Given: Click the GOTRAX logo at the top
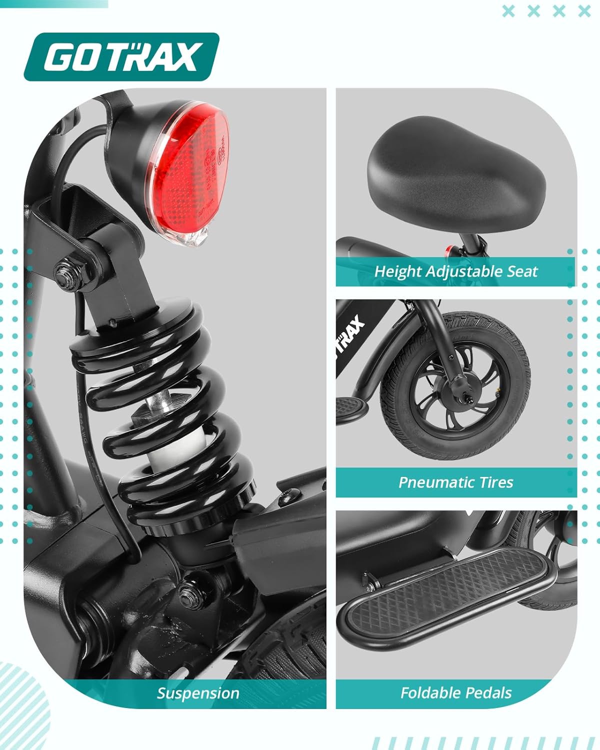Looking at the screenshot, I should point(121,57).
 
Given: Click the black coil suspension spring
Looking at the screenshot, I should point(165,410).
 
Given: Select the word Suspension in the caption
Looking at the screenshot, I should point(198,693).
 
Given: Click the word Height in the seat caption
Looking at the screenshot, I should point(397,271).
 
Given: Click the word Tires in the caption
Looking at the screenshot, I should point(496,482).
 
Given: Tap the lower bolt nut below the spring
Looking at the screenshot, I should point(190,589).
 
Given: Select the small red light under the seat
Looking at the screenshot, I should point(449,249).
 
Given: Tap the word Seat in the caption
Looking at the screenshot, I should point(522,271).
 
